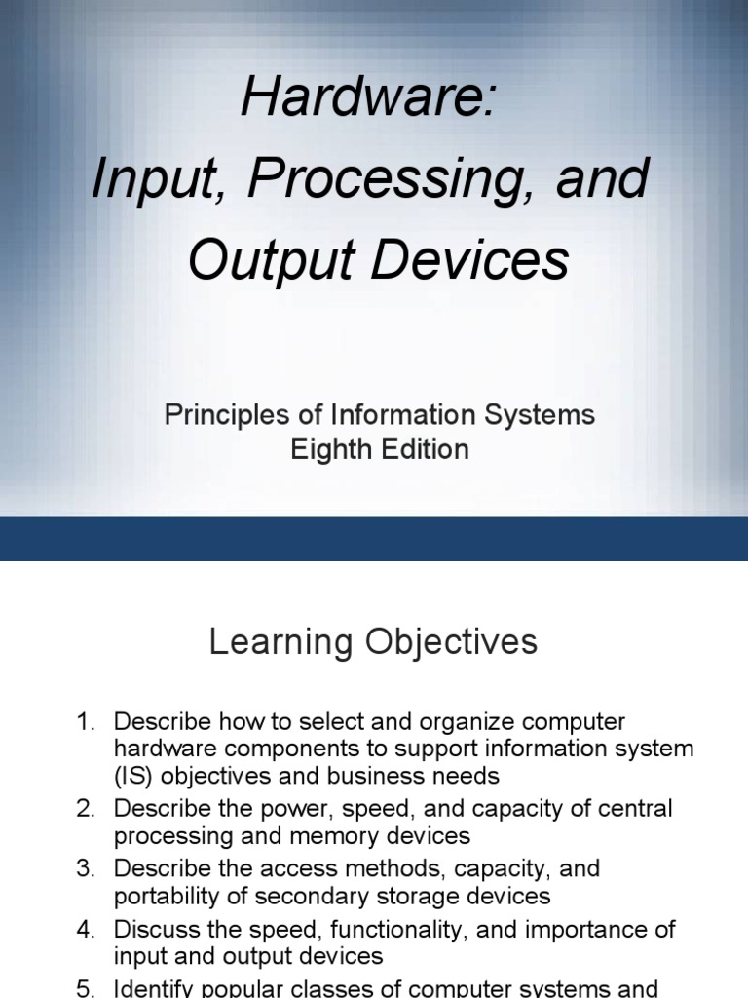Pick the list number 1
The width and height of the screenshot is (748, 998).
tap(86, 722)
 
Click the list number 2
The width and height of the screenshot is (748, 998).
tap(86, 809)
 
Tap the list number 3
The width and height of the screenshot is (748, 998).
tap(86, 868)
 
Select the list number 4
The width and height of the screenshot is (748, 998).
tap(86, 929)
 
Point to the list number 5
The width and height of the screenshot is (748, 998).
tap(86, 988)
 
